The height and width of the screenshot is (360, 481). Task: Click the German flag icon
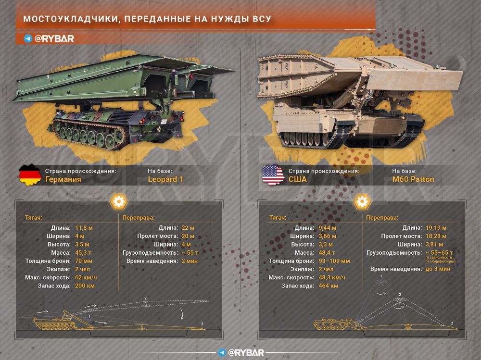[30, 175]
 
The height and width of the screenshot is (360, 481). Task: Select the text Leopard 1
[166, 180]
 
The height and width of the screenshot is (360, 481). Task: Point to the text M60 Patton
[413, 180]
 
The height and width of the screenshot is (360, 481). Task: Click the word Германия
[63, 180]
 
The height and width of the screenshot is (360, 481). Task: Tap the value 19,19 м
[436, 227]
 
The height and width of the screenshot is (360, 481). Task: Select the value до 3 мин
[438, 269]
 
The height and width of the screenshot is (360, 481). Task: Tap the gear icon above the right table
[361, 202]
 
